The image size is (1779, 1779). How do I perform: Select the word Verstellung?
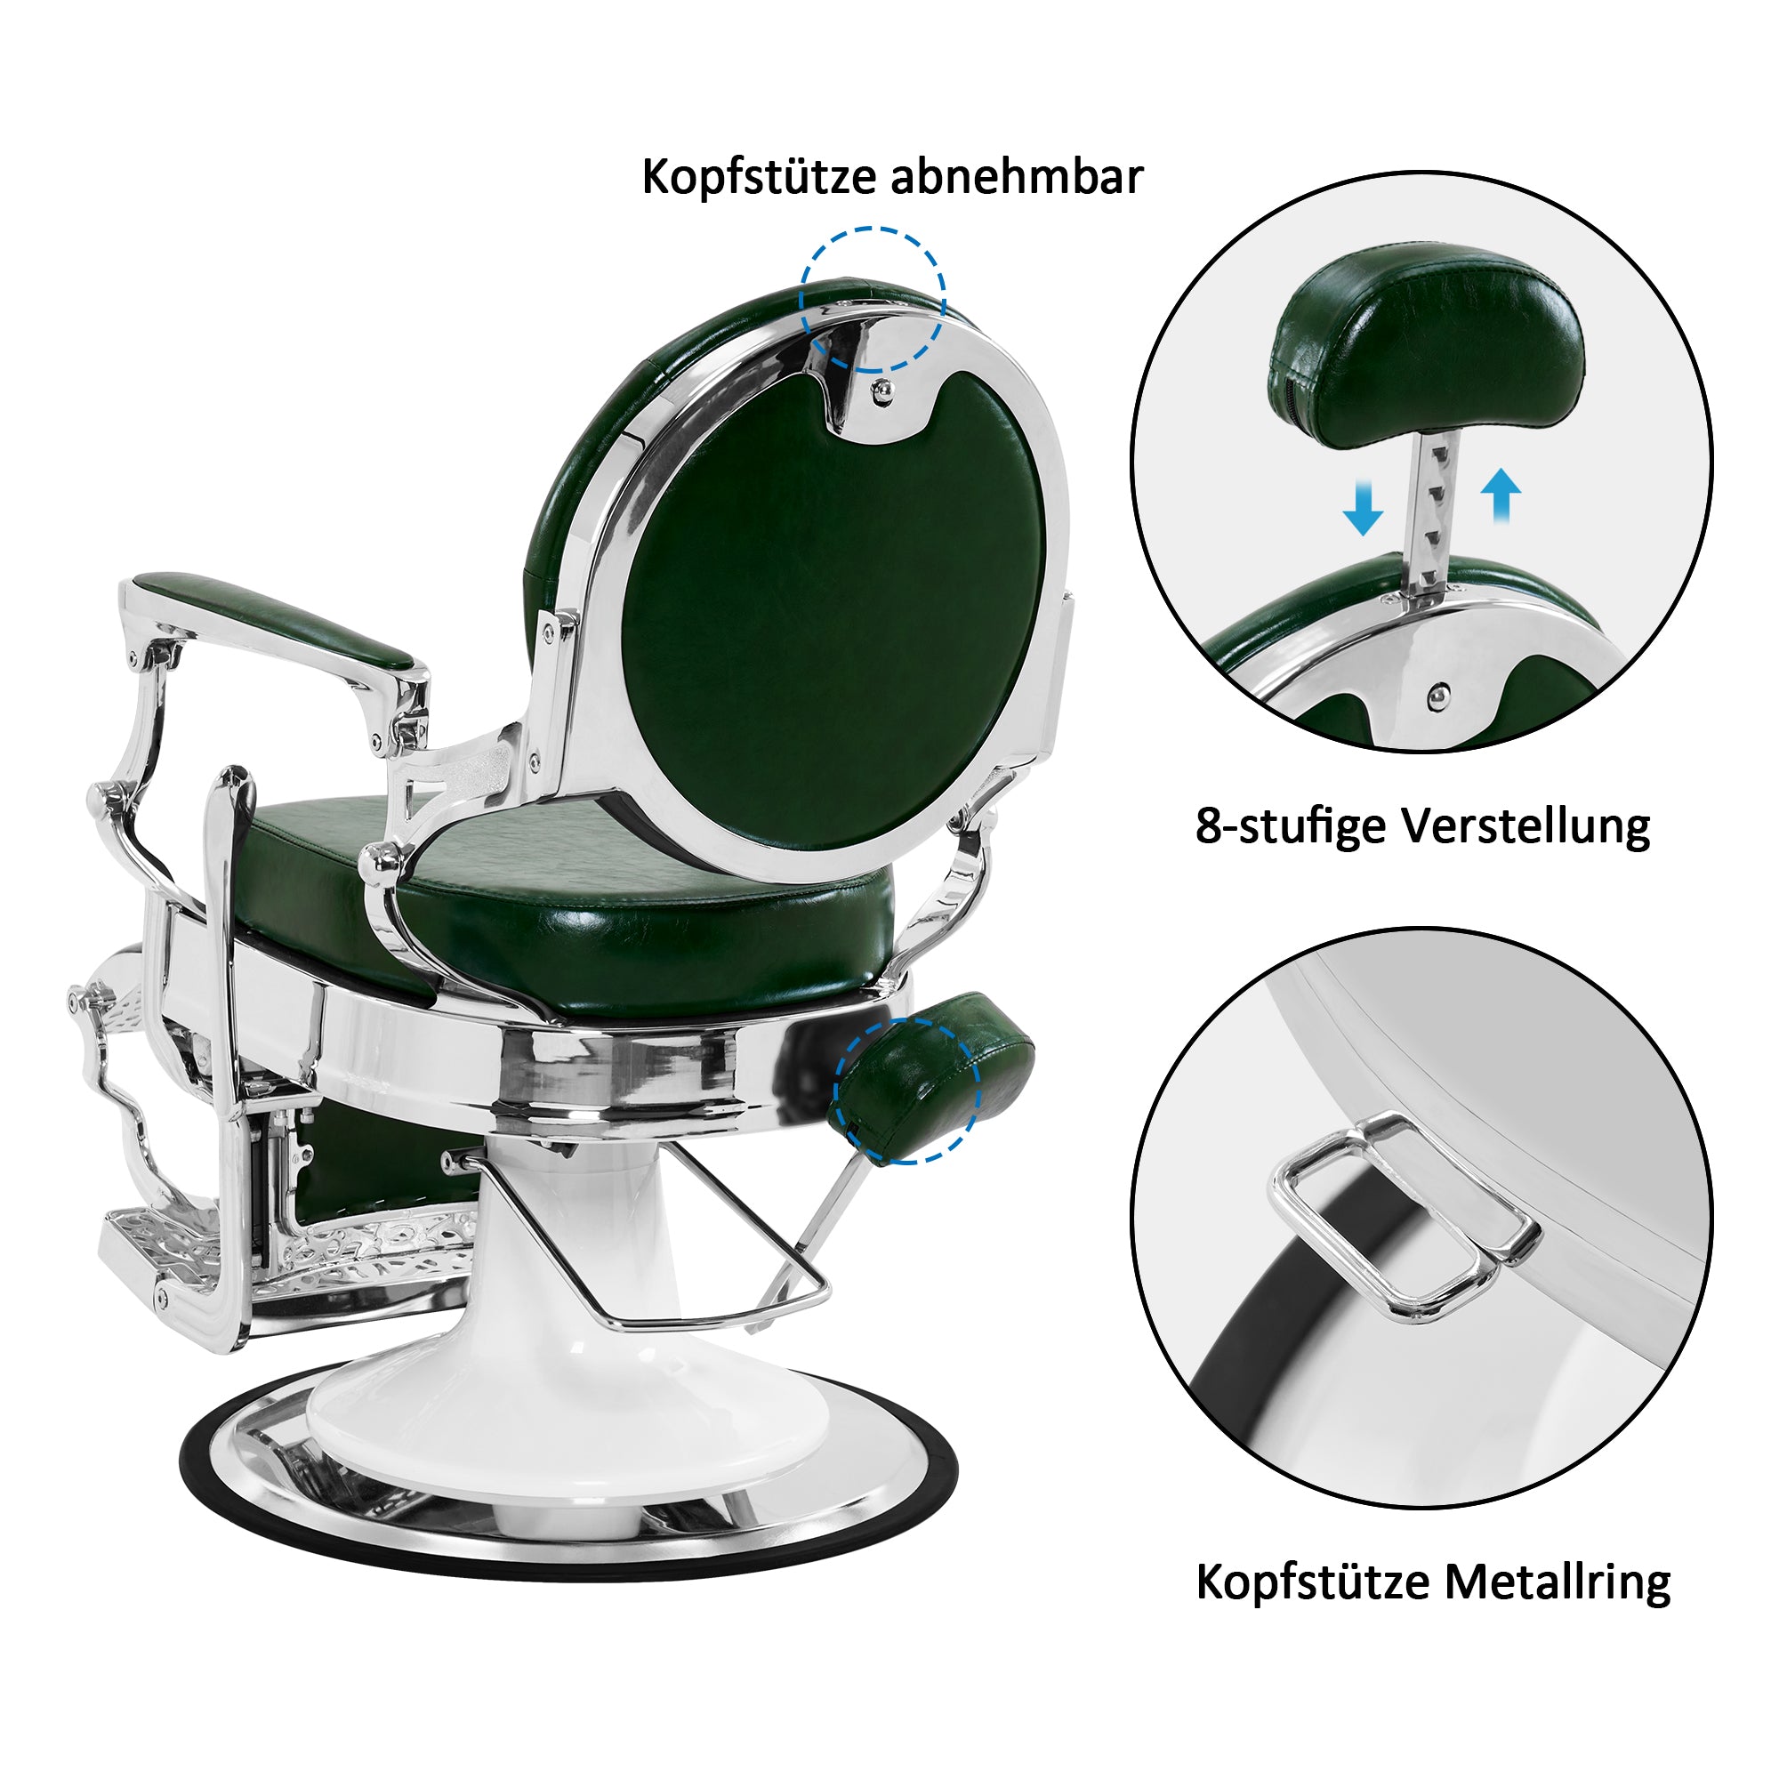(1525, 826)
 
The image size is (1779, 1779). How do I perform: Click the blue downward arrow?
(1363, 506)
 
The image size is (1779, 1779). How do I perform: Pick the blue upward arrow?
(1501, 495)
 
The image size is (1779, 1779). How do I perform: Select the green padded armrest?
(273, 621)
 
